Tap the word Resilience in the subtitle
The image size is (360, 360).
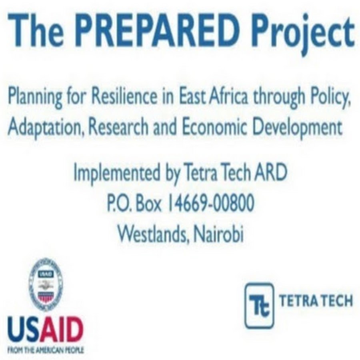point(124,96)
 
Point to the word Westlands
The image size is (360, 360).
point(154,234)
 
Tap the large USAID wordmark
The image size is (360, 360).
point(46,330)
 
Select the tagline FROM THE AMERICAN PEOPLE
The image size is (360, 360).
point(46,350)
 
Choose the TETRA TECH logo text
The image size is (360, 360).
point(316,301)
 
